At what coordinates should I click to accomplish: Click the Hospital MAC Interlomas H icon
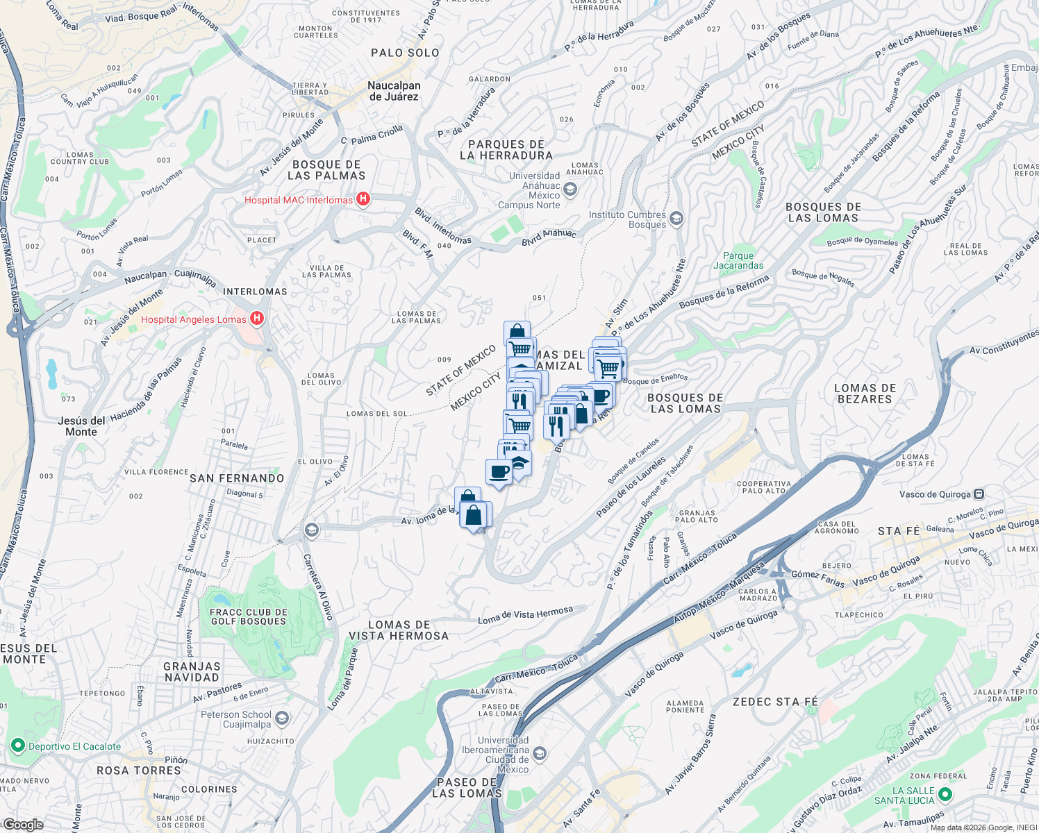[x=363, y=200]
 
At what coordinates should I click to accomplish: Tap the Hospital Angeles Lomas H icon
[x=257, y=319]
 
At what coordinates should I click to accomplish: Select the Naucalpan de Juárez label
[x=394, y=91]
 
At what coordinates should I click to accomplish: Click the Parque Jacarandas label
[x=738, y=260]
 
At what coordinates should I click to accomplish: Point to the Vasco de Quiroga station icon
[x=979, y=494]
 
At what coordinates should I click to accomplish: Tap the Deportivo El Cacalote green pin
[x=17, y=746]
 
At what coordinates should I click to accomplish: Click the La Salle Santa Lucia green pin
[x=944, y=794]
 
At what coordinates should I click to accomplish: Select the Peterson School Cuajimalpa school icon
[x=282, y=718]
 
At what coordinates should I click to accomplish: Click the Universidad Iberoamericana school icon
[x=540, y=754]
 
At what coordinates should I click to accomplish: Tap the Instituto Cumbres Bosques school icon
[x=676, y=219]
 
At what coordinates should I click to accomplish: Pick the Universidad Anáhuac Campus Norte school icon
[x=570, y=190]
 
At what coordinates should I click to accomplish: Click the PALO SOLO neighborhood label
[x=405, y=53]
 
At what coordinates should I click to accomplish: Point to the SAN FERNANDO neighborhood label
[x=237, y=478]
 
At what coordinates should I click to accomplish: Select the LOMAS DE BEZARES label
[x=865, y=394]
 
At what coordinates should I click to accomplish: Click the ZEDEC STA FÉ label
[x=775, y=702]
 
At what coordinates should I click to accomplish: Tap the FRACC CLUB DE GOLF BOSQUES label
[x=248, y=617]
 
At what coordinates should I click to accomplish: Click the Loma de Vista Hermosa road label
[x=525, y=615]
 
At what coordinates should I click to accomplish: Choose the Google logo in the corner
[x=23, y=825]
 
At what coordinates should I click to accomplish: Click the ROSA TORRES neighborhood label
[x=139, y=771]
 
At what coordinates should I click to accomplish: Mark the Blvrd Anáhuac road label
[x=549, y=237]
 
